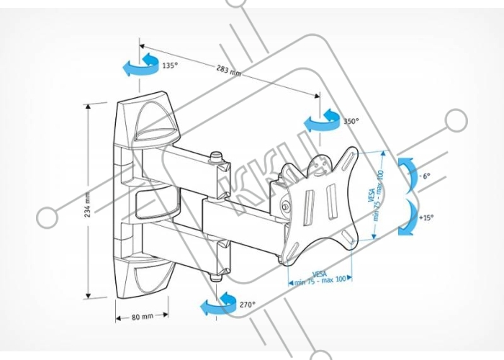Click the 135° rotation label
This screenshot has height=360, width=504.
pyautogui.click(x=170, y=66)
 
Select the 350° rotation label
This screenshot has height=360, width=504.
pyautogui.click(x=351, y=122)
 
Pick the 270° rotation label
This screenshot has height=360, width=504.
pyautogui.click(x=247, y=305)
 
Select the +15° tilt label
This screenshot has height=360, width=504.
pyautogui.click(x=427, y=217)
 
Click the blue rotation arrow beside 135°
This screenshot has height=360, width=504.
pyautogui.click(x=140, y=63)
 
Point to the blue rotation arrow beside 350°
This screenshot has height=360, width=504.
pyautogui.click(x=321, y=120)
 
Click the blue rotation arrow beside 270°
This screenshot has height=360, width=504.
pyautogui.click(x=218, y=303)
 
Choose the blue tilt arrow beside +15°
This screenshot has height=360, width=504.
pyautogui.click(x=406, y=217)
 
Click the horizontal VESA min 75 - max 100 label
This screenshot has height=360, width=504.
pyautogui.click(x=319, y=277)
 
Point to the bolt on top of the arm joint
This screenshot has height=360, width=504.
pyautogui.click(x=216, y=156)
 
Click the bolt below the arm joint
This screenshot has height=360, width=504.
pyautogui.click(x=215, y=274)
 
